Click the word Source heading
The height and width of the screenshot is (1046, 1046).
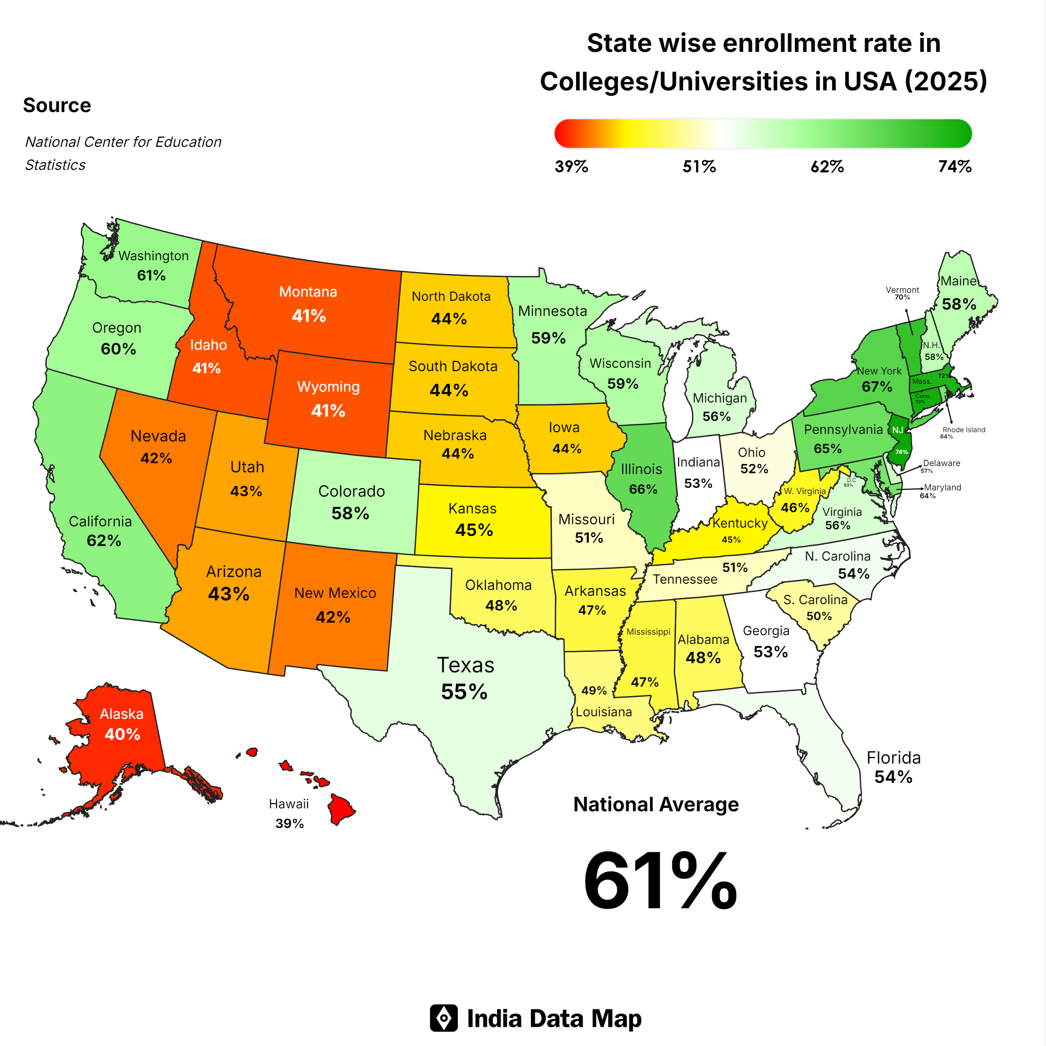(57, 105)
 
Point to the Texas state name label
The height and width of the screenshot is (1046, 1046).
(465, 665)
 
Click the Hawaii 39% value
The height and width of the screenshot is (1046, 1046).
(289, 823)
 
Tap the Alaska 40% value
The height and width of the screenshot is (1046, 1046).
(122, 734)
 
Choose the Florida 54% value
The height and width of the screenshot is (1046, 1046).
(893, 777)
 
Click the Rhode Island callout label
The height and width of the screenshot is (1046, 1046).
(964, 429)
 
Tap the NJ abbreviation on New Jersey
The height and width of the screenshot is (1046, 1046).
(897, 430)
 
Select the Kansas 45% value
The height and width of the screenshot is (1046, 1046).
(474, 530)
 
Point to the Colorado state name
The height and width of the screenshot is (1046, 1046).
(351, 491)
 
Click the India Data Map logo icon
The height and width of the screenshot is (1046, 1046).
(444, 1018)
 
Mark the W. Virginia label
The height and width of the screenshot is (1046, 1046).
(805, 491)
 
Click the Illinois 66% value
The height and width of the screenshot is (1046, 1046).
(643, 490)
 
